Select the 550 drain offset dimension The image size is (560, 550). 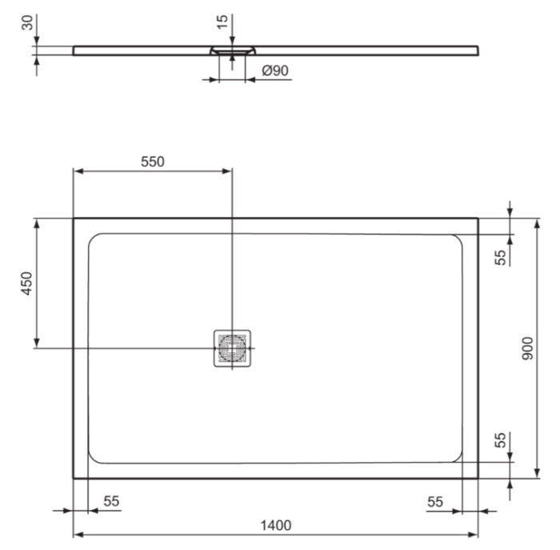(x=152, y=161)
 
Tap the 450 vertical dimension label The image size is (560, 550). (x=26, y=283)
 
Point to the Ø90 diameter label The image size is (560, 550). (x=276, y=70)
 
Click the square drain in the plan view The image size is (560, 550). (x=232, y=348)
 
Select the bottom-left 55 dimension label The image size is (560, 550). (x=111, y=501)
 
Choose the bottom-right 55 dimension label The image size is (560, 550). (x=435, y=501)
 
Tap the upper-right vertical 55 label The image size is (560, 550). (x=500, y=257)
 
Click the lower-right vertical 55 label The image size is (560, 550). (x=500, y=440)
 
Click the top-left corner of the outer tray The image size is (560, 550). (x=74, y=219)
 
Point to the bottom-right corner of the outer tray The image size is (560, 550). (x=478, y=478)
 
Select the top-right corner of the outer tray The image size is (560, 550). (x=478, y=219)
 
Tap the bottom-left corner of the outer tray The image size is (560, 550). (x=74, y=478)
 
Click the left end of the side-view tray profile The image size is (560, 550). (x=74, y=50)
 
